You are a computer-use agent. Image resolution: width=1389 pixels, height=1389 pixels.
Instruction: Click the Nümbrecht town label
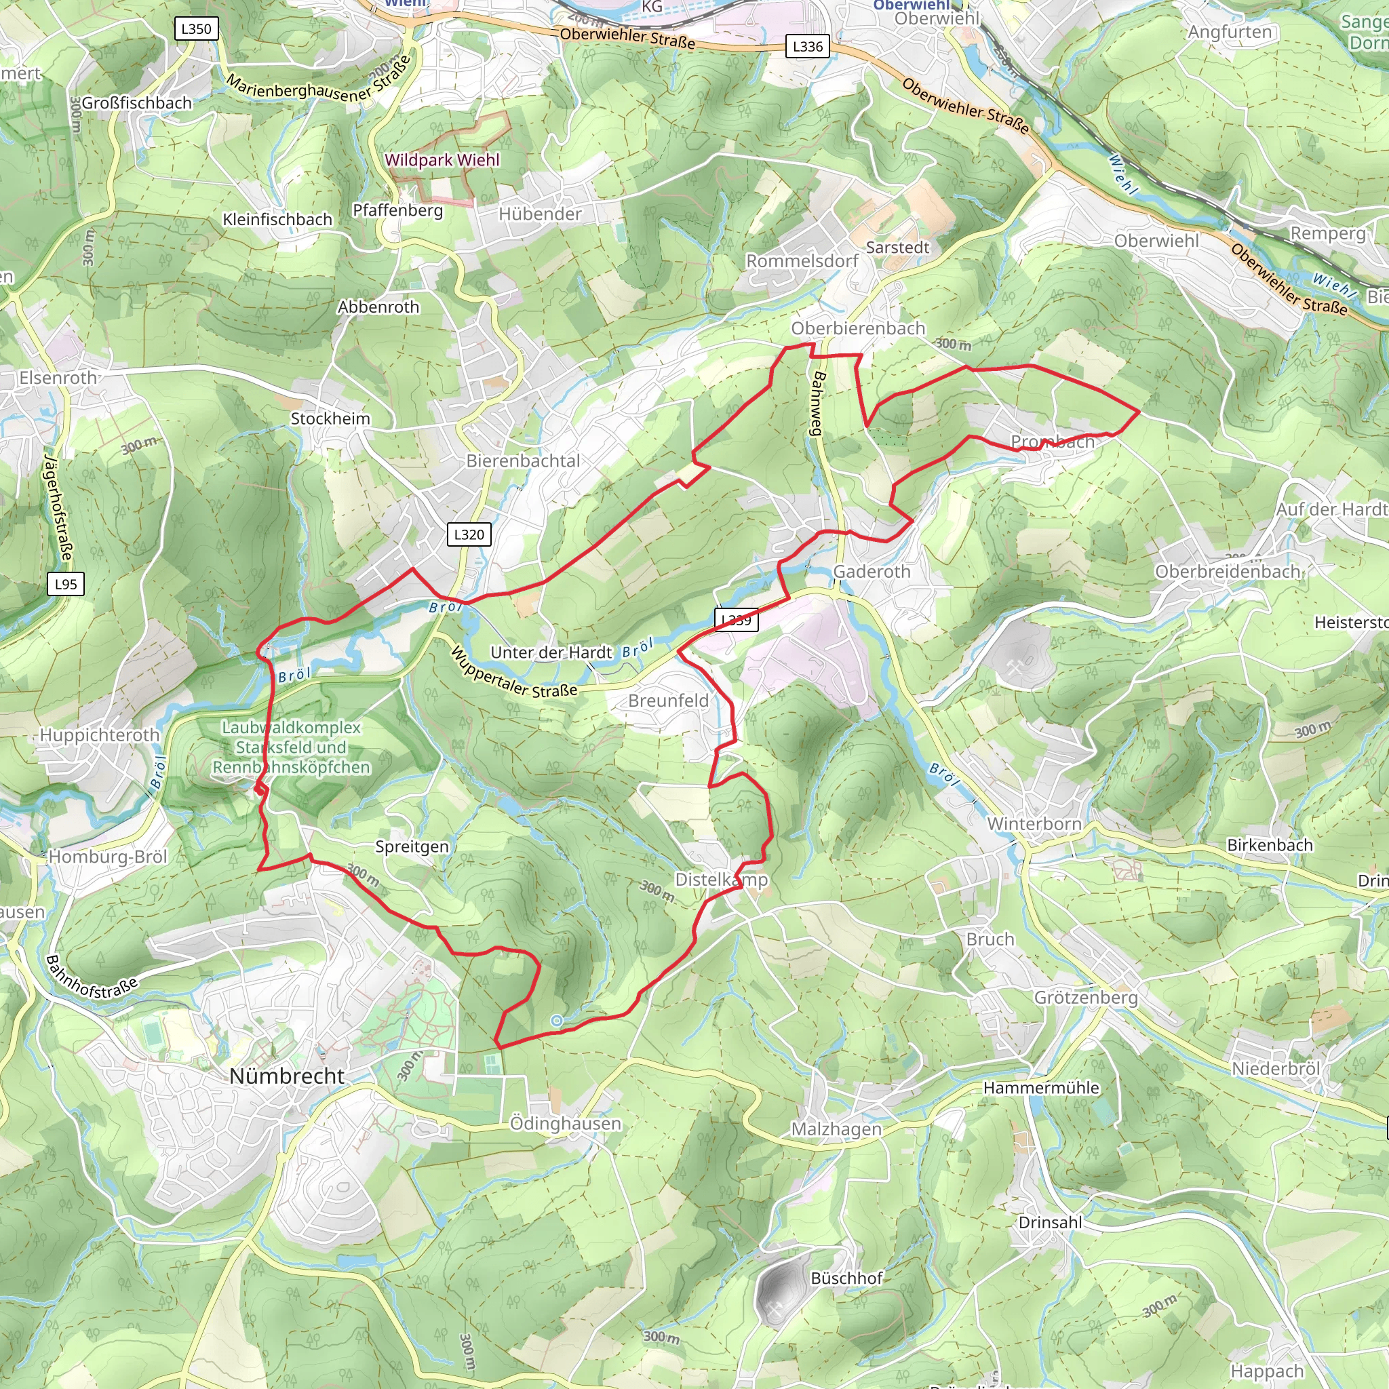[x=287, y=1076]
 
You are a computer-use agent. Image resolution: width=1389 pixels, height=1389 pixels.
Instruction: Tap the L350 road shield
[x=196, y=28]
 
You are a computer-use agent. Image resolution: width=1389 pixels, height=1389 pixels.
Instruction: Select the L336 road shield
[x=807, y=47]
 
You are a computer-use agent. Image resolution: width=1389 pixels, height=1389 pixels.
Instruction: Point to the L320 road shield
[x=469, y=534]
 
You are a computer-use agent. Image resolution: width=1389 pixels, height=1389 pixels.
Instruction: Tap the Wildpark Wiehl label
[x=442, y=159]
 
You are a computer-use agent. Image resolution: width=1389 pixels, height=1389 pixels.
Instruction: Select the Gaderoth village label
[x=872, y=572]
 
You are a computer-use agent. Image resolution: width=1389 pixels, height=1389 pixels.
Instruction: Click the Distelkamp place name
[x=721, y=879]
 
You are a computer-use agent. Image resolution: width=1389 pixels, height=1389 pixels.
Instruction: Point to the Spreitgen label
[x=412, y=846]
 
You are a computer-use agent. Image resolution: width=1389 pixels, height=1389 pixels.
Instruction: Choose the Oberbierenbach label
[x=858, y=328]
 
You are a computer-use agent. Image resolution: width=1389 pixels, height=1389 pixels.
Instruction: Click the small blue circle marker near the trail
[x=556, y=1020]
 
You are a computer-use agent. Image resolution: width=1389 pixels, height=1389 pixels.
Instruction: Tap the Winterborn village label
[x=1034, y=824]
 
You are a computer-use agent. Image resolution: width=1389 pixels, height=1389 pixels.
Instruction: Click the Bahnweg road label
[x=818, y=404]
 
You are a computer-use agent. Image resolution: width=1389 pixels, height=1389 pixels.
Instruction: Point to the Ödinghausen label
[x=565, y=1123]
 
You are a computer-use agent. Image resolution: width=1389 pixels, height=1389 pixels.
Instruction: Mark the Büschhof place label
[x=846, y=1278]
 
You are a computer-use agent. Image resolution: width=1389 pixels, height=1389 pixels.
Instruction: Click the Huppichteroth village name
[x=99, y=735]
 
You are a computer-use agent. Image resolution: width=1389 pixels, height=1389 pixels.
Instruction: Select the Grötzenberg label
[x=1086, y=997]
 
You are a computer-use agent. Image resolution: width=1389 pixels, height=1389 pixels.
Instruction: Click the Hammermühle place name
[x=1041, y=1088]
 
